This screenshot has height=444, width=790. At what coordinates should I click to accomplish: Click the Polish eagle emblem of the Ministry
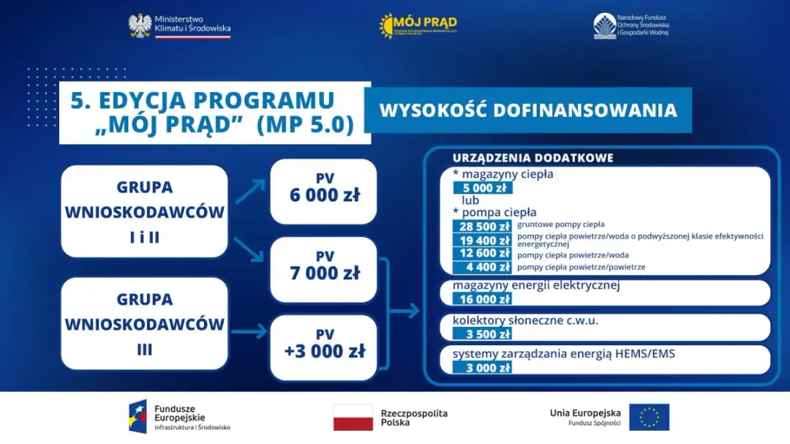140,26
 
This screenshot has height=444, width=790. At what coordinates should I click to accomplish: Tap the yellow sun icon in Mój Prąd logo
386,25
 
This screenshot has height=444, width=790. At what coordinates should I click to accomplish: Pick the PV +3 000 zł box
323,347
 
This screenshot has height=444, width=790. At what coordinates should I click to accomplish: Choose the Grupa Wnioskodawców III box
144,324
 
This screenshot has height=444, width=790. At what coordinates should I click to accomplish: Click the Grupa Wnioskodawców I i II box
144,211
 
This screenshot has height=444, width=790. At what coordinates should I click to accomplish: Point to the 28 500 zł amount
482,226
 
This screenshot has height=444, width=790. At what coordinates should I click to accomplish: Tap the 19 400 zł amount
482,240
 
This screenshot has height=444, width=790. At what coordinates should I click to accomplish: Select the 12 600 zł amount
482,254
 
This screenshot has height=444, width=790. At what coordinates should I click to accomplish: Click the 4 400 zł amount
482,267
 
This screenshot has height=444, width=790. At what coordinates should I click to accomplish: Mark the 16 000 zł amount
482,299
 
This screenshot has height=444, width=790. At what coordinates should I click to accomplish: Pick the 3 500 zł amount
482,334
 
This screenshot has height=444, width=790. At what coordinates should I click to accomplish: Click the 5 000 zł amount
482,188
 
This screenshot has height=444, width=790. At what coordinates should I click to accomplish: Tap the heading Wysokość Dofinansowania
527,110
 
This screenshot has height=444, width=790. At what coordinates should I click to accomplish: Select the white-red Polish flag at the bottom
353,417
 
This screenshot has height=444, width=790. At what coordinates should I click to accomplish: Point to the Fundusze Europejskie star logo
138,416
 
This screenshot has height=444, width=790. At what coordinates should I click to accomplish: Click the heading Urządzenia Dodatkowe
533,158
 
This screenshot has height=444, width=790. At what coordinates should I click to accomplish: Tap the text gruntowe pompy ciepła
560,225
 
